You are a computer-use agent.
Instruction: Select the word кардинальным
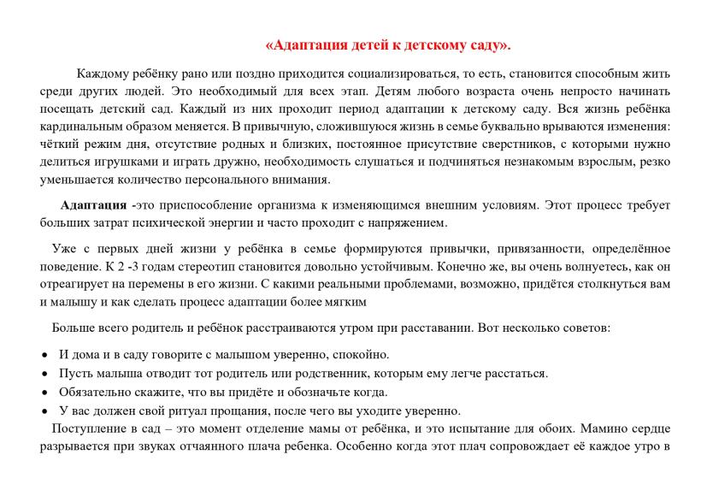tap(80, 127)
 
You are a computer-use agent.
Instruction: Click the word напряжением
tap(406, 223)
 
